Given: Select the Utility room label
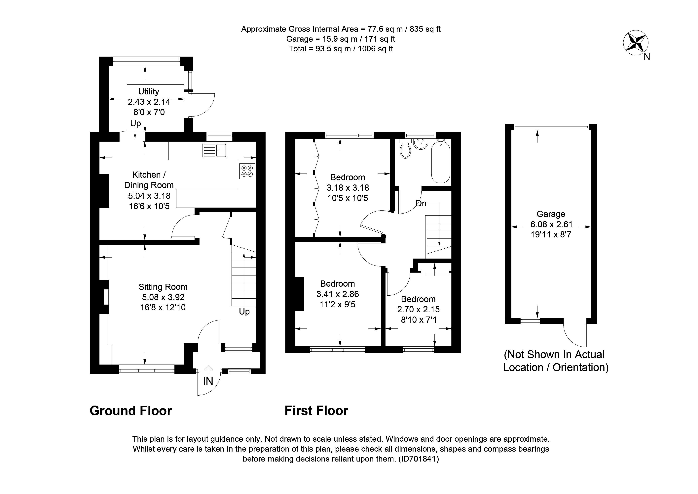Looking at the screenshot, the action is tap(149, 91).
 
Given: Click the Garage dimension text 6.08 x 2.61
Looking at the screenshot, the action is tap(551, 224).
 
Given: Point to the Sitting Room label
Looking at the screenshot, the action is tap(163, 287).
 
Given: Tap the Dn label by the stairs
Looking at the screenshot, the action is tap(421, 203).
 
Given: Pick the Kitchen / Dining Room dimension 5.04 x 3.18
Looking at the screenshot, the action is tap(149, 196).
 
